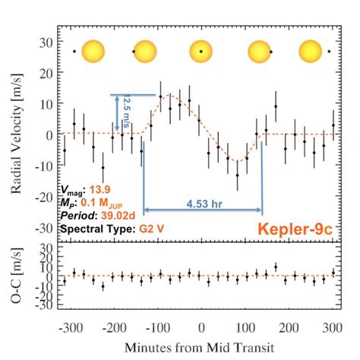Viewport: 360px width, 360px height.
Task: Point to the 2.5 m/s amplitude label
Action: pos(128,111)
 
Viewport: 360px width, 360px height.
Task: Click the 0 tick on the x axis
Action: pos(201,327)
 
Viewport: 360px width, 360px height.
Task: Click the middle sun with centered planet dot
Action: pos(201,52)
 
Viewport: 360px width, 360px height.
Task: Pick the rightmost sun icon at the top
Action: pos(311,52)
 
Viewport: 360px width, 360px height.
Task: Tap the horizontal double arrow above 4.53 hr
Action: pos(203,209)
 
